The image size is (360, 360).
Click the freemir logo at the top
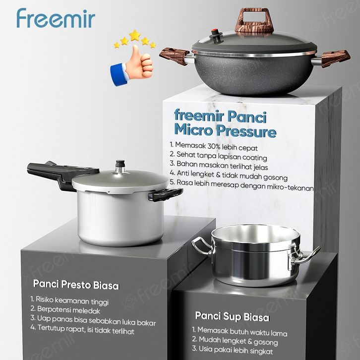click(x=56, y=18)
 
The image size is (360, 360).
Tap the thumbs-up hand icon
click(x=132, y=66)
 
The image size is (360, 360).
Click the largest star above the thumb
click(x=135, y=35)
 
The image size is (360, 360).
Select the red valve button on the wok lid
click(x=215, y=31)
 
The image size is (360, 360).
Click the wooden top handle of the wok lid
click(x=254, y=21)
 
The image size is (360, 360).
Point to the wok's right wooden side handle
click(x=336, y=59)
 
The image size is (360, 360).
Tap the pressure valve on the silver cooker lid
click(x=120, y=167)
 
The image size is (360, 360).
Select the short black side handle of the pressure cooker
click(x=166, y=194)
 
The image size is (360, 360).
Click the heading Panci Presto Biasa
click(x=76, y=285)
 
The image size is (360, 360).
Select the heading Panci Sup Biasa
click(x=232, y=316)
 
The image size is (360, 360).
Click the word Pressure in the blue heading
click(x=246, y=131)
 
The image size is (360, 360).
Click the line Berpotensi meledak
click(x=65, y=310)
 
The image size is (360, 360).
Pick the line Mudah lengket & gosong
click(x=235, y=341)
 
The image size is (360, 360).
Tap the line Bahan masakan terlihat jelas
click(x=219, y=165)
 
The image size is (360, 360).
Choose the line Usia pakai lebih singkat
click(x=233, y=350)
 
